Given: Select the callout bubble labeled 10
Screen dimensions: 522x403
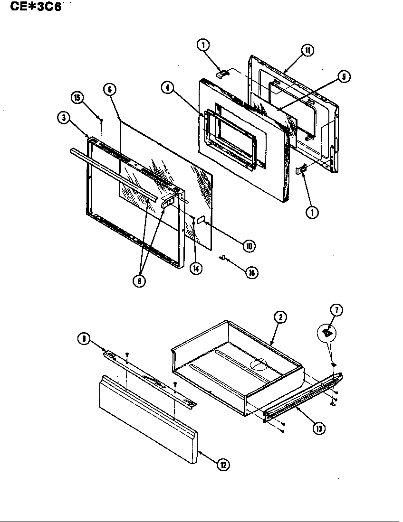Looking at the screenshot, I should tap(249, 245).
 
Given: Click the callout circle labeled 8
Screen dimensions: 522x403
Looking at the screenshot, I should tap(139, 280).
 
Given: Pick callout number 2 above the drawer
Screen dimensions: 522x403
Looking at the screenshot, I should tap(280, 317).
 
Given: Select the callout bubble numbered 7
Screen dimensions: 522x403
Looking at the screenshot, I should tap(336, 310).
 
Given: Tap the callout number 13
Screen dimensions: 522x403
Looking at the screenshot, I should tap(319, 428).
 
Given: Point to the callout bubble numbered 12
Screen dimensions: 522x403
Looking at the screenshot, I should tap(222, 465).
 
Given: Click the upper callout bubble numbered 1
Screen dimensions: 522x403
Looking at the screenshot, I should tap(203, 45).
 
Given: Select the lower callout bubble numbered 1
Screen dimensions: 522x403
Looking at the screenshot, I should tap(312, 213).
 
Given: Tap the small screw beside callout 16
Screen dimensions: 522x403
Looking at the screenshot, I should tap(222, 258).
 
